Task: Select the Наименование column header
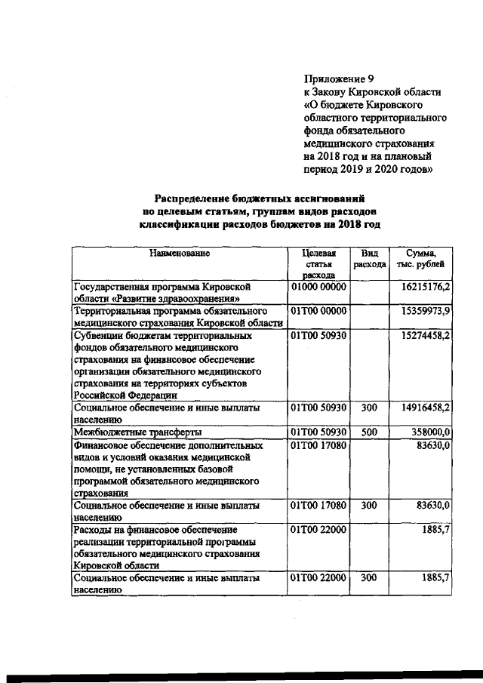click(x=179, y=254)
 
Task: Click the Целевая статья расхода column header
click(x=317, y=265)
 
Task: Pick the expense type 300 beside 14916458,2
click(x=369, y=408)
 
